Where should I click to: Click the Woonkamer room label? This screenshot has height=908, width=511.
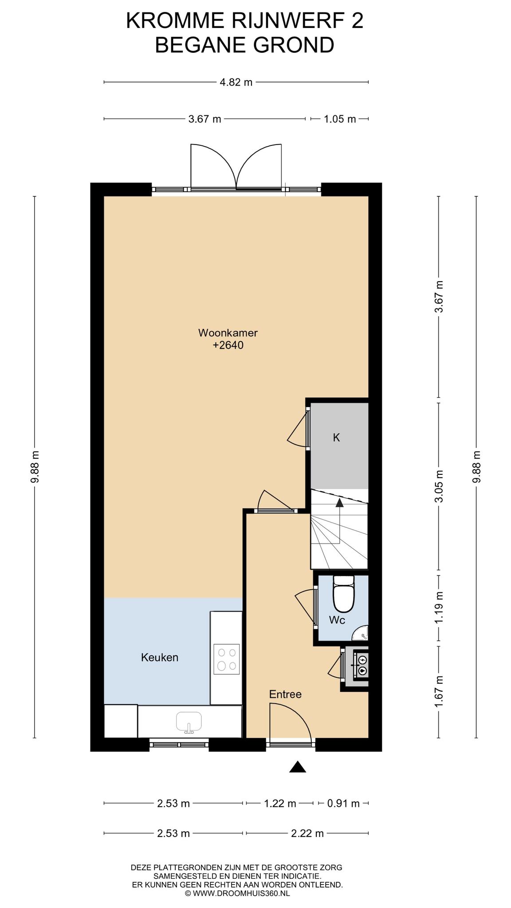tap(228, 333)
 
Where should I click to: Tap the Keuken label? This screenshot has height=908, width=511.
tap(160, 658)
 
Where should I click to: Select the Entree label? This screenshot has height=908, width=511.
tap(285, 694)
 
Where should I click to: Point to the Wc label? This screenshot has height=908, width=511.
tap(337, 620)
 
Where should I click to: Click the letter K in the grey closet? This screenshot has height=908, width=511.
tap(336, 438)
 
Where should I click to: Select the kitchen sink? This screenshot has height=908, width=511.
tap(189, 722)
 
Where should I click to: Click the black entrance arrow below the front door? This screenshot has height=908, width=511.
tap(298, 767)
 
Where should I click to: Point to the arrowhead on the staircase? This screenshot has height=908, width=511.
tap(339, 502)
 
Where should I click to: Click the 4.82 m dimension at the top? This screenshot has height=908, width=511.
tap(236, 82)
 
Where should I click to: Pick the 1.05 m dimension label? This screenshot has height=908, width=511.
tap(340, 119)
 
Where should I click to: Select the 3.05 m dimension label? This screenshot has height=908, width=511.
tap(439, 486)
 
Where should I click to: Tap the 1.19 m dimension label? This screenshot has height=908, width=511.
tap(439, 607)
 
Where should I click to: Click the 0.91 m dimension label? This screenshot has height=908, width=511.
tap(343, 803)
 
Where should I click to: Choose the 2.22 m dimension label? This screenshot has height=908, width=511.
tap(307, 834)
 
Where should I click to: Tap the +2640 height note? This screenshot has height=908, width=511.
tap(228, 345)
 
